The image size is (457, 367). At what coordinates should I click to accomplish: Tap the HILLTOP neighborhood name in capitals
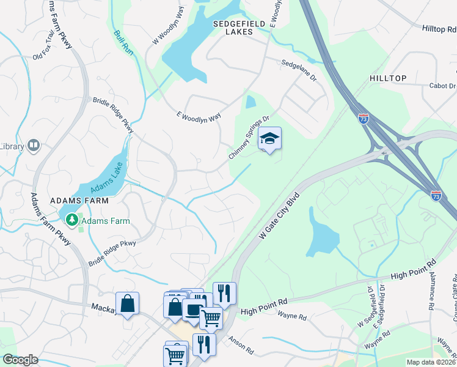[x=388, y=79]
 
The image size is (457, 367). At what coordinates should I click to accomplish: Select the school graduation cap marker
[x=269, y=139]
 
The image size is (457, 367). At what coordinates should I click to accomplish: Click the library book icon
[x=33, y=146]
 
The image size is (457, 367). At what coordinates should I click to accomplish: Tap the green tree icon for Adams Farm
[x=72, y=218]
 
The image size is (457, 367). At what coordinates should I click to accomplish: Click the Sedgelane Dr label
[x=299, y=67]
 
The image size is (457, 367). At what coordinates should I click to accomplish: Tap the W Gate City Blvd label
[x=281, y=217]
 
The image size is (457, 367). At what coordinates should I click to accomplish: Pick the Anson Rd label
[x=241, y=346]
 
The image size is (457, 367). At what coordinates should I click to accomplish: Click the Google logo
[x=20, y=360]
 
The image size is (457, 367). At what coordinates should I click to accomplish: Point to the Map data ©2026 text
[x=430, y=362]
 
